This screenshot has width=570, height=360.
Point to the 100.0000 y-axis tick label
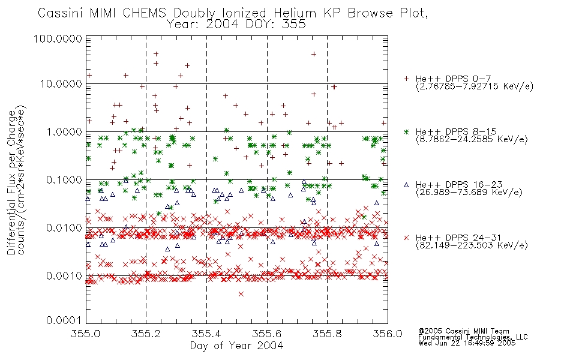(x=58, y=38)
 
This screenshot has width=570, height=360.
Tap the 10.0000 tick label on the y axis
(x=61, y=84)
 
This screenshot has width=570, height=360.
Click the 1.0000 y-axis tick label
(x=64, y=131)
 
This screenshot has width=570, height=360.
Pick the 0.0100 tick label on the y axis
(x=64, y=227)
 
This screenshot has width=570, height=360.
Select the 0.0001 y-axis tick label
(x=64, y=320)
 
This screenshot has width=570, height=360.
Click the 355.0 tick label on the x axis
(x=86, y=334)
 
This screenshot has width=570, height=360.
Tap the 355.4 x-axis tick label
(x=206, y=334)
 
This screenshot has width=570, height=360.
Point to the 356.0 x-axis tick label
(x=388, y=334)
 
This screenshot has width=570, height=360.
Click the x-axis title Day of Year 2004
(x=236, y=346)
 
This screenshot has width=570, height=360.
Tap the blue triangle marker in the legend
(x=406, y=185)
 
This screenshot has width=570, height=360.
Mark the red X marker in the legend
(x=406, y=238)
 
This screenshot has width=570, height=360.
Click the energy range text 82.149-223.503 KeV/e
(x=472, y=245)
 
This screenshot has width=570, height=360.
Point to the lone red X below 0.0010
(x=241, y=294)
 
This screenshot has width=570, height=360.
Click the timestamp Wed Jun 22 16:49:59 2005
(x=467, y=343)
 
